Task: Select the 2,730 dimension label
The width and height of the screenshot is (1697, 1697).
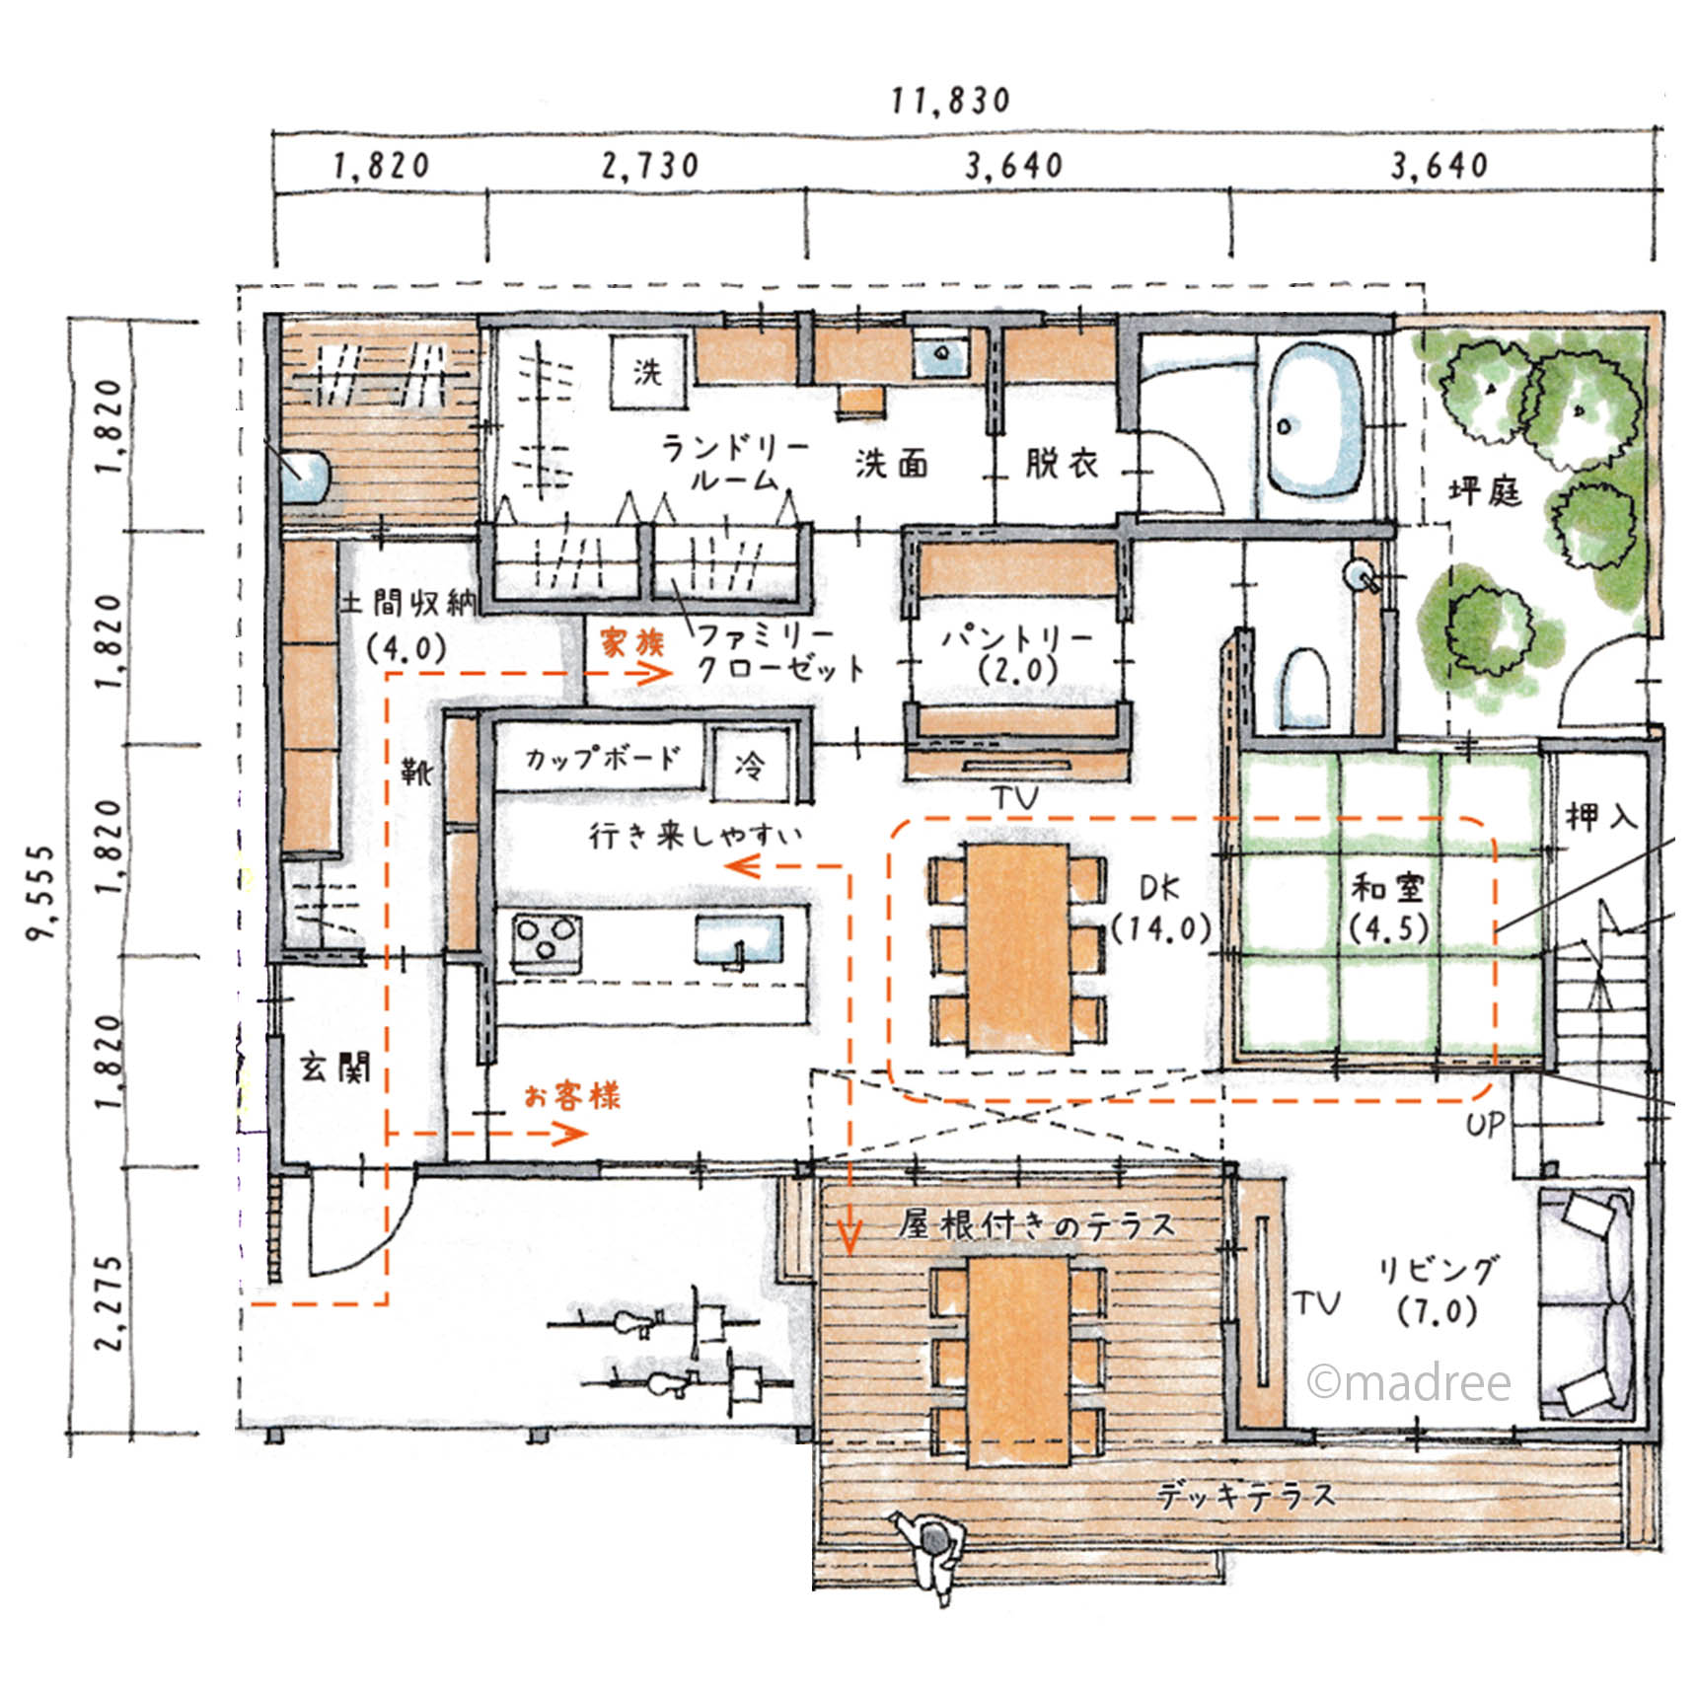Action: pos(651,166)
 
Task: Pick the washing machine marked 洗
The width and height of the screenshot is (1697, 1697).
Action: pos(648,372)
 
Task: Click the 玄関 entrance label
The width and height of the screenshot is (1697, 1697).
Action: pos(335,1067)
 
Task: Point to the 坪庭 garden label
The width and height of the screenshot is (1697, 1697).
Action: pos(1485,491)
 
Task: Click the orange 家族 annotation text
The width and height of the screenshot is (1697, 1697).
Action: pos(631,643)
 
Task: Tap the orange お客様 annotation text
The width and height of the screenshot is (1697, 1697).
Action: pos(572,1095)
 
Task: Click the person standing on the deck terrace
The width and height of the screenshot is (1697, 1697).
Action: pos(933,1550)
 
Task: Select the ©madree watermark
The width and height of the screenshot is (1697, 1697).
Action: pos(1409,1383)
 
